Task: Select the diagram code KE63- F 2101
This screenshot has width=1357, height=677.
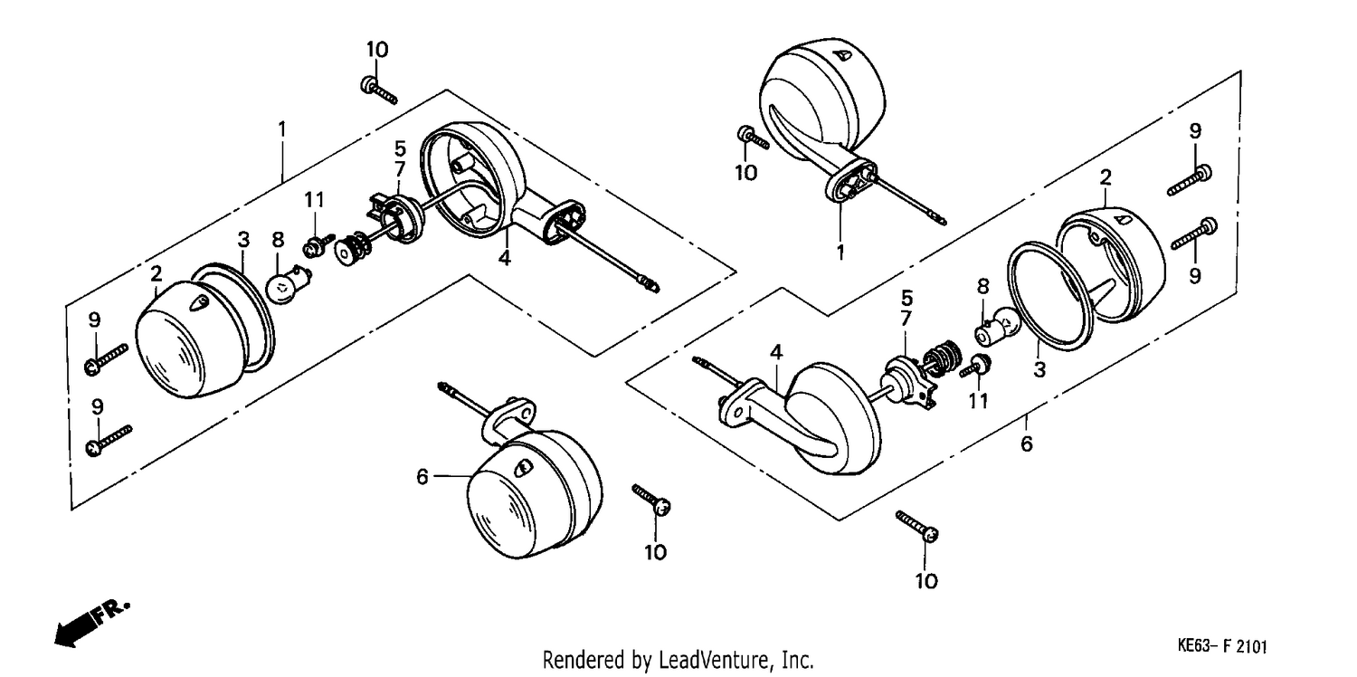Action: (1222, 646)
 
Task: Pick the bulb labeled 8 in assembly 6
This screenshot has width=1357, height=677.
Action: (997, 328)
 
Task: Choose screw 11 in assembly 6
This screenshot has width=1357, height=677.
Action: (975, 366)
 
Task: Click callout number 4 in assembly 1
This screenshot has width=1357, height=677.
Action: (505, 257)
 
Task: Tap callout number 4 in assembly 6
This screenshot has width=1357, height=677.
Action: (776, 352)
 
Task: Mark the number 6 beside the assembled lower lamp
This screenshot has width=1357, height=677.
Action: (422, 477)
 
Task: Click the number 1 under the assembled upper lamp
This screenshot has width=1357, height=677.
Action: (840, 252)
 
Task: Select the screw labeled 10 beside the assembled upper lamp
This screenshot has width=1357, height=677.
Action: (754, 138)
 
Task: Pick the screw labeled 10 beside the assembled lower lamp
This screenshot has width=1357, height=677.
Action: (652, 499)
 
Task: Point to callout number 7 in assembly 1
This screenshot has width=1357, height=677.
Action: (400, 170)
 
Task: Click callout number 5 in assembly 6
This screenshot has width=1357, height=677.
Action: (906, 298)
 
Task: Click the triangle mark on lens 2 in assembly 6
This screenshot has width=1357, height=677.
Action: (1124, 219)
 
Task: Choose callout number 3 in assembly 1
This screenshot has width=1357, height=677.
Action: (243, 240)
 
